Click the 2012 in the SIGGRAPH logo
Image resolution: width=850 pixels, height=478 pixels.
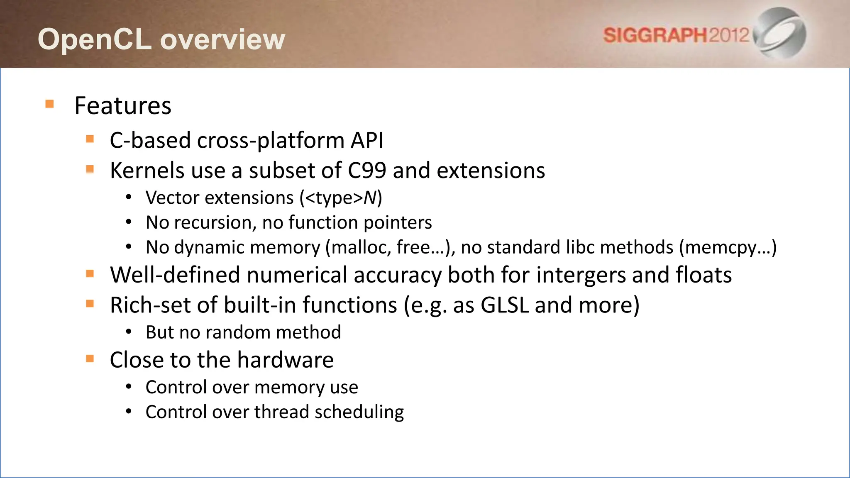pos(729,35)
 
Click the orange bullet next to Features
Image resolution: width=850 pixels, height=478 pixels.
pos(50,104)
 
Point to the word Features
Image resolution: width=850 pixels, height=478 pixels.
pos(123,106)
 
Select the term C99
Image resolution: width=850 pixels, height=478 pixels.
pos(367,171)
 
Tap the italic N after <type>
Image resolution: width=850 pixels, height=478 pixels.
pos(369,198)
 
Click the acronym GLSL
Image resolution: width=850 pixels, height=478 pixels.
pos(504,305)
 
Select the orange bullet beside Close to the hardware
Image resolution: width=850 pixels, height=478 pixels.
pos(90,358)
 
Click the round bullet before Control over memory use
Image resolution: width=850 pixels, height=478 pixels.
pos(129,387)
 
